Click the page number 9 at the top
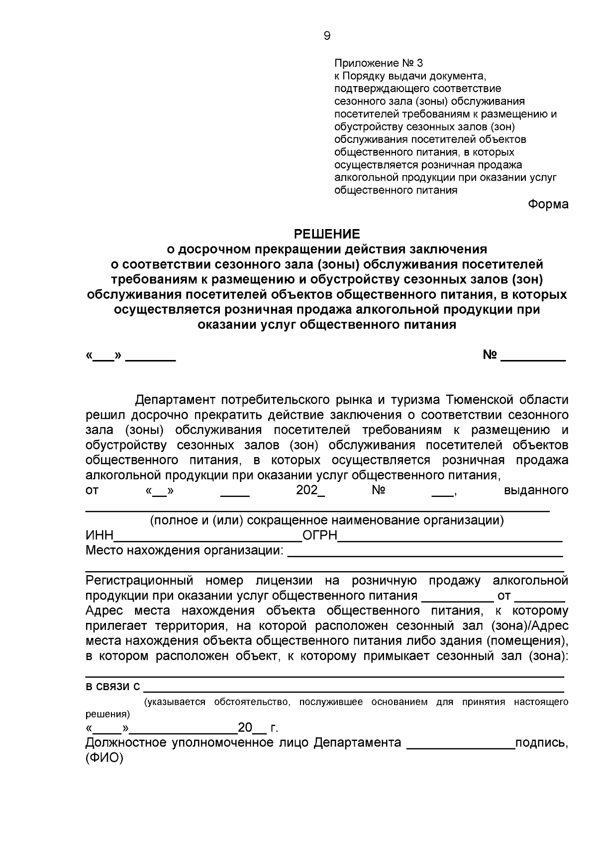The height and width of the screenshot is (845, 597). point(327,36)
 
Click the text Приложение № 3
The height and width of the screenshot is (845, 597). point(379,63)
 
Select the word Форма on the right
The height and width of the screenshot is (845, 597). point(548,205)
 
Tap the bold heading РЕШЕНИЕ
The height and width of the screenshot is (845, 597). point(327,234)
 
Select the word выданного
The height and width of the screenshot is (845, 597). point(536,490)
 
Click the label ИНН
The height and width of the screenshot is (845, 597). point(100,536)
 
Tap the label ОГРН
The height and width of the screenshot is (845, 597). point(320,536)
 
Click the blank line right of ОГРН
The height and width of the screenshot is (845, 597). point(450,538)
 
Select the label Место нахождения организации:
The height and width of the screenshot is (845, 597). point(185,551)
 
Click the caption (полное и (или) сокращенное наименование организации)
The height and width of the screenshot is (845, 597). point(327,521)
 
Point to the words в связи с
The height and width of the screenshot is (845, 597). point(113,687)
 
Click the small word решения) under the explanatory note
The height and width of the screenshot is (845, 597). point(108,714)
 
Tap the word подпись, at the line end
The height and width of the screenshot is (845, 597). point(542,743)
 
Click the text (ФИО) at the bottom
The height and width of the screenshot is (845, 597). point(104,758)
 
